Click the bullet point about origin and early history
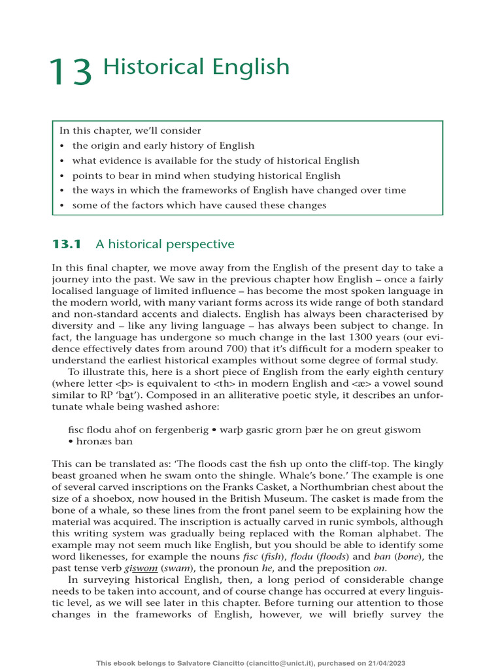tap(163, 146)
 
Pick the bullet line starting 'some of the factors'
tap(199, 205)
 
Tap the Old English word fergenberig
tap(192, 429)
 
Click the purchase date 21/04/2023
tap(383, 662)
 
